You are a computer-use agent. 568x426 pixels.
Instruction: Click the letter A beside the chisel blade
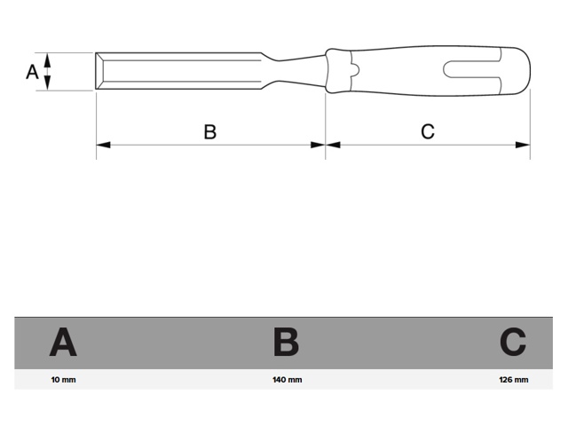[x=32, y=72]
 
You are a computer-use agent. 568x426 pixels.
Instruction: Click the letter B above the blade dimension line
[x=210, y=131]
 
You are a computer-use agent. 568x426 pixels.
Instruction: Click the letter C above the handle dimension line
[x=428, y=131]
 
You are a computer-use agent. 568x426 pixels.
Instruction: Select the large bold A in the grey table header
[x=63, y=342]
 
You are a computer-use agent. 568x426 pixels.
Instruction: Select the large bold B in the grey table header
[x=286, y=342]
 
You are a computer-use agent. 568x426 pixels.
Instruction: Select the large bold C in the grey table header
[x=513, y=342]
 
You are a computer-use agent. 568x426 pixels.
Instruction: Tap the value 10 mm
[x=63, y=380]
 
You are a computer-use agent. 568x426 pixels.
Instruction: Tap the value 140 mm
[x=288, y=380]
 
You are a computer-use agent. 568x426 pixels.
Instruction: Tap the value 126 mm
[x=513, y=380]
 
